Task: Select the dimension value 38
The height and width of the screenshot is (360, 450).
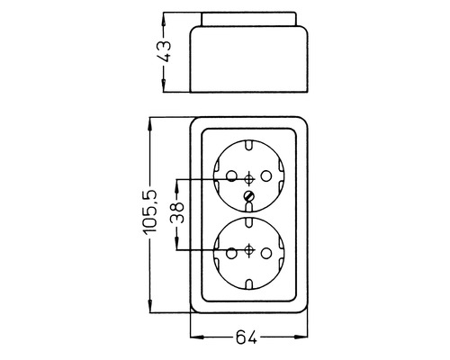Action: click(x=176, y=213)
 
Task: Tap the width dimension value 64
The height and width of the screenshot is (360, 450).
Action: click(x=247, y=338)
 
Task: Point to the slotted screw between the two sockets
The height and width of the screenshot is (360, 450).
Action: click(x=249, y=194)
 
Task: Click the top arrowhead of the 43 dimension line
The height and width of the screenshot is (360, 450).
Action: click(x=164, y=20)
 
